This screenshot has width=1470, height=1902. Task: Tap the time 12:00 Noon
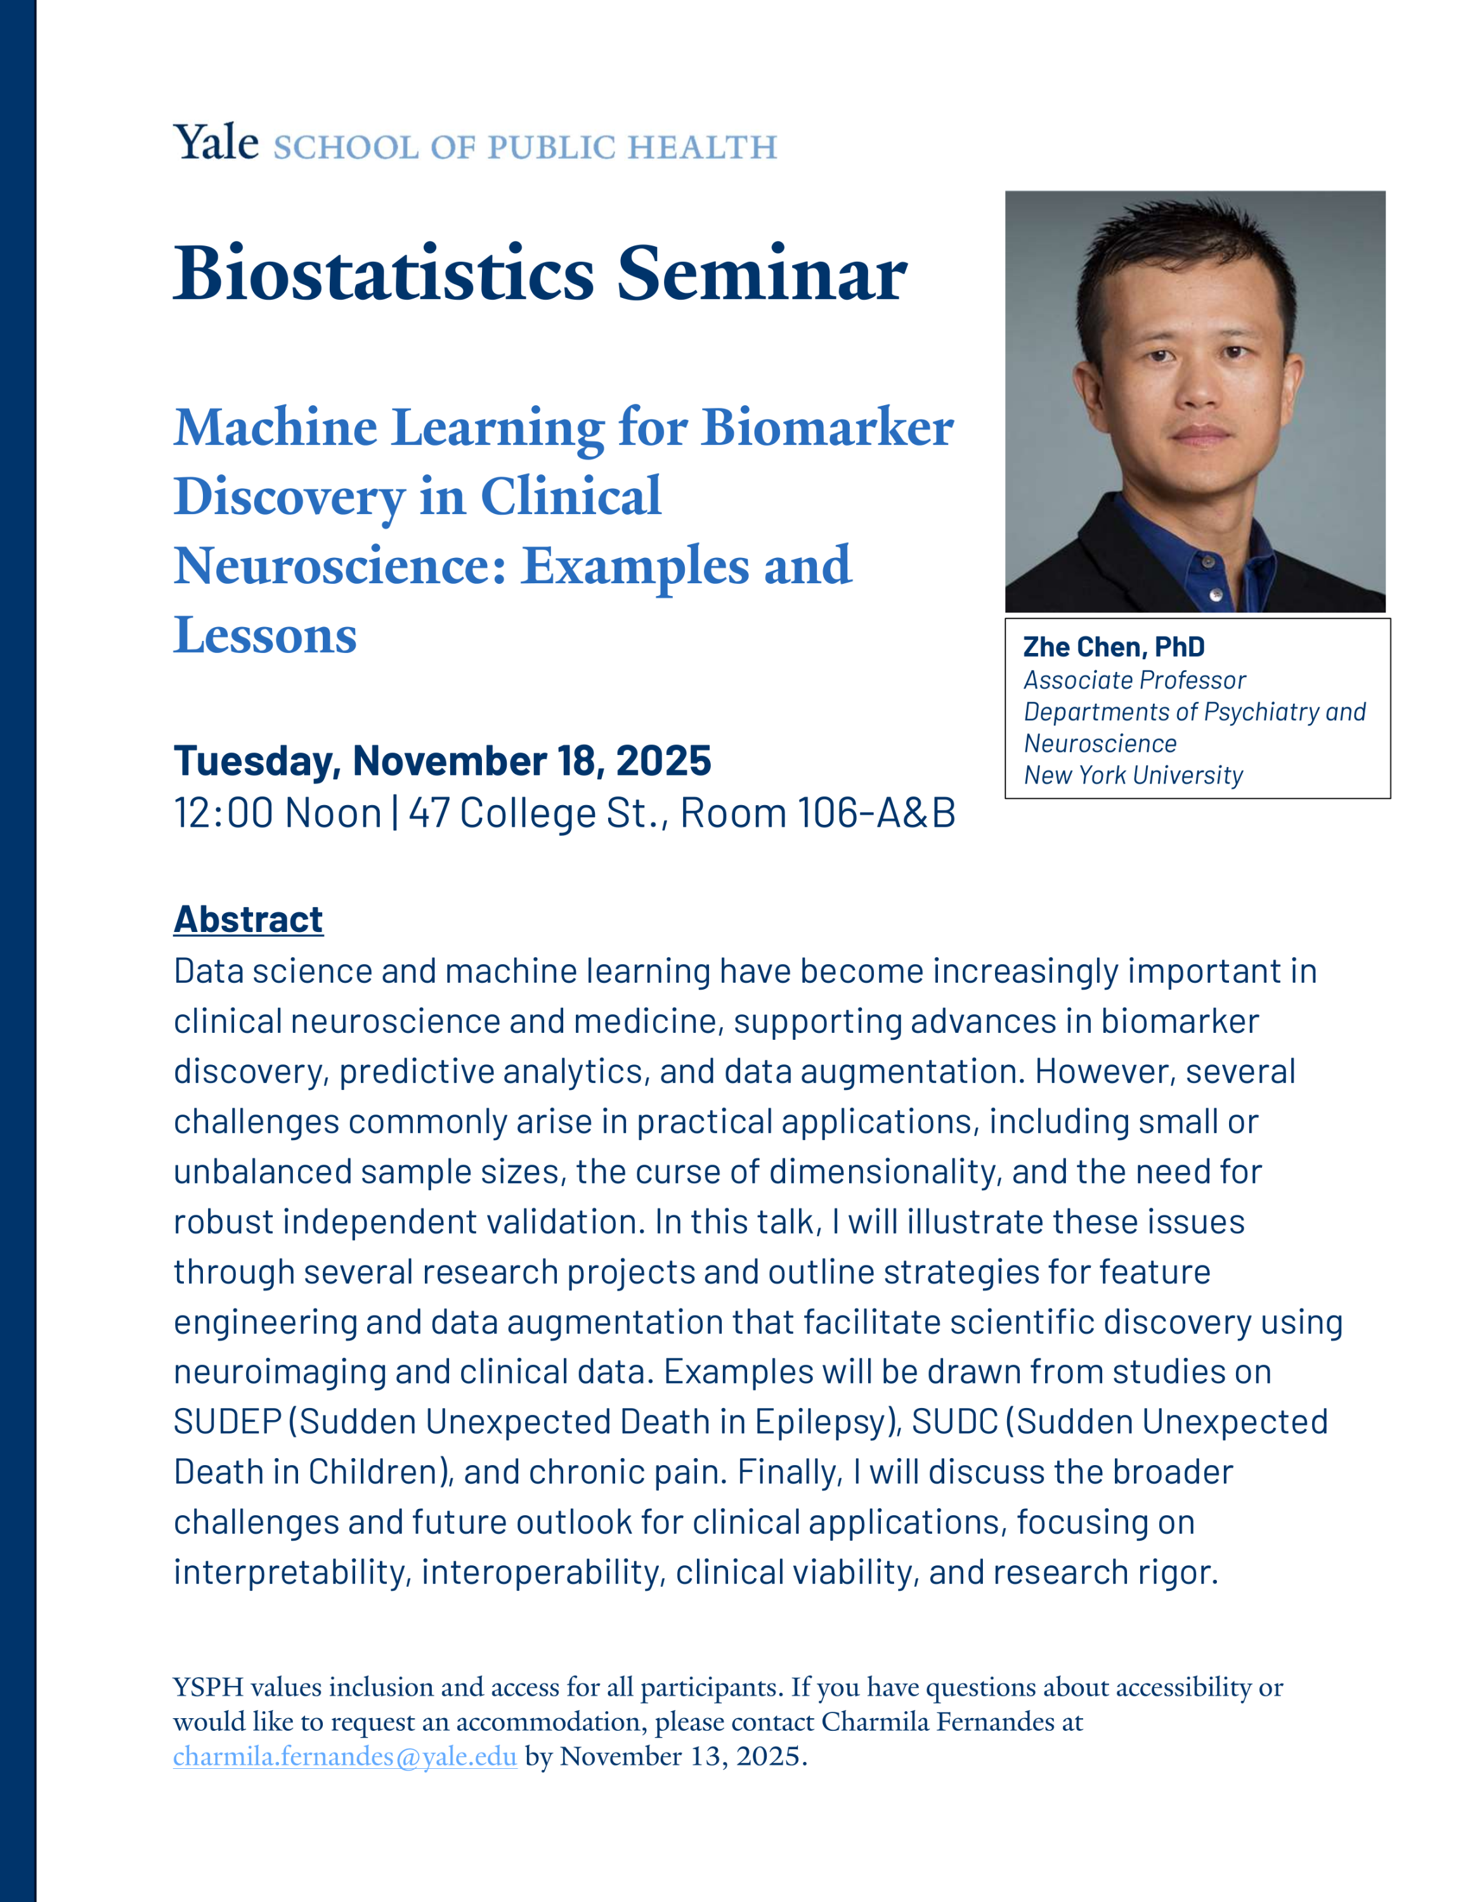point(278,813)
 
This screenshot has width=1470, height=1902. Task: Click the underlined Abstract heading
point(248,920)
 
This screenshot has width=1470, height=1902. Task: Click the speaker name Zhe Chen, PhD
point(1114,647)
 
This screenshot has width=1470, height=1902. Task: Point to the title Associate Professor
point(1134,680)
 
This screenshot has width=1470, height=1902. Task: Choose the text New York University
point(1133,775)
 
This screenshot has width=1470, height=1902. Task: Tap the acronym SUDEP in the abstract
point(227,1422)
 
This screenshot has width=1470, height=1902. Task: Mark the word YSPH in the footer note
point(208,1687)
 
